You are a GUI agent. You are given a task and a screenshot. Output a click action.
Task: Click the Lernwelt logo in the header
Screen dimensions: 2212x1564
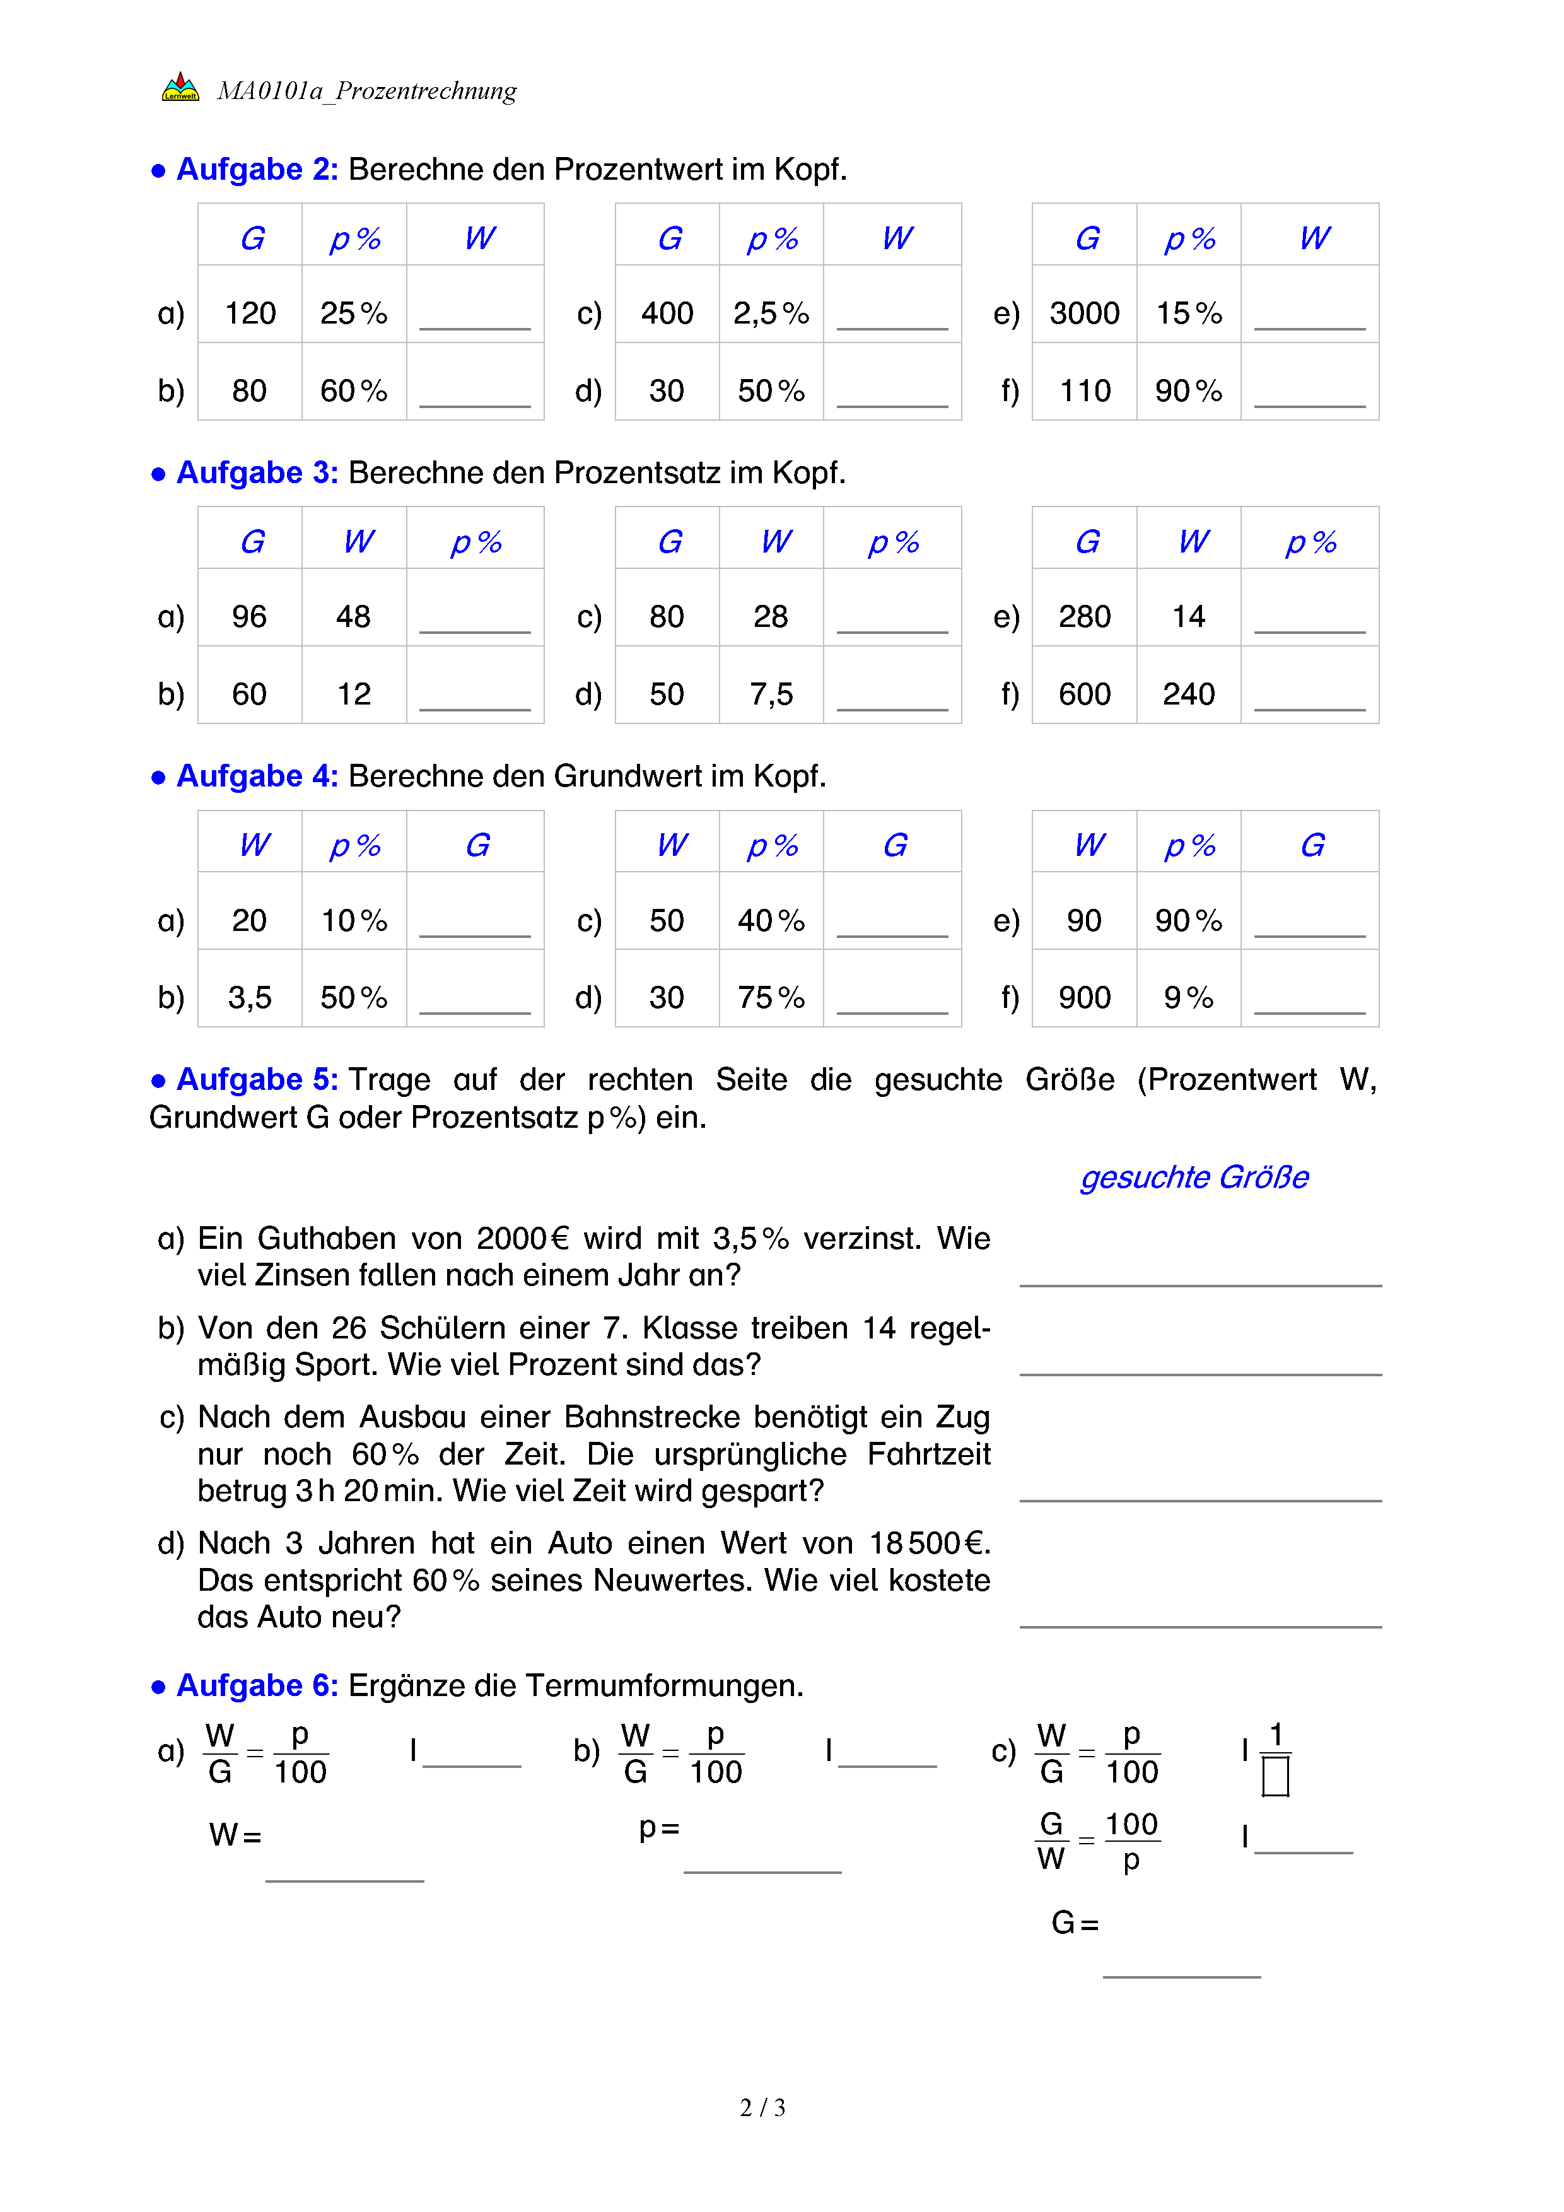[x=180, y=88]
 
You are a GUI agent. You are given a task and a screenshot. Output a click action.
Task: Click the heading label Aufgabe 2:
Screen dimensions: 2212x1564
[x=257, y=170]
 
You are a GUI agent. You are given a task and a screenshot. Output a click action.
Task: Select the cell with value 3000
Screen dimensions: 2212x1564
[x=1085, y=313]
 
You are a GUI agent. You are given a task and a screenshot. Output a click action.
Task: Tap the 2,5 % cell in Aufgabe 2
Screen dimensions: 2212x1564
[x=771, y=313]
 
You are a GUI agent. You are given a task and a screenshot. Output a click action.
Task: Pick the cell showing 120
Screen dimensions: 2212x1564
[x=250, y=313]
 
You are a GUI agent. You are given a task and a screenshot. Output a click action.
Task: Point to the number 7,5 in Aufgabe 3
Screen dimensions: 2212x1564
[x=771, y=694]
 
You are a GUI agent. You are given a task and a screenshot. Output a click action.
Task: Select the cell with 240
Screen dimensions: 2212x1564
[x=1188, y=694]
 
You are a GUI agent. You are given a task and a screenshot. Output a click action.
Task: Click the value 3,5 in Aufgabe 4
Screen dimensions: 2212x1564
[x=250, y=997]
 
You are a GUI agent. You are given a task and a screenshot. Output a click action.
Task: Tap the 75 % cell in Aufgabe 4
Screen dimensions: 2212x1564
[x=771, y=997]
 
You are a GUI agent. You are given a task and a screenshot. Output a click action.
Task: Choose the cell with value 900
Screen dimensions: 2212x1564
[x=1085, y=997]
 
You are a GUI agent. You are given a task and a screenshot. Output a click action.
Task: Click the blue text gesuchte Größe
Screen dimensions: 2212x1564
[x=1194, y=1178]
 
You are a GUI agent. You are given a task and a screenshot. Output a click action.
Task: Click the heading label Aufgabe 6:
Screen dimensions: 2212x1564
[x=257, y=1686]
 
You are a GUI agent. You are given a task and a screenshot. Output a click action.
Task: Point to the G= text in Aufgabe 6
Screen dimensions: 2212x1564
[x=1075, y=1923]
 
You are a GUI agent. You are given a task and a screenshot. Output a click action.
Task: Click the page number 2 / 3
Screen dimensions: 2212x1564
[x=762, y=2108]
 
